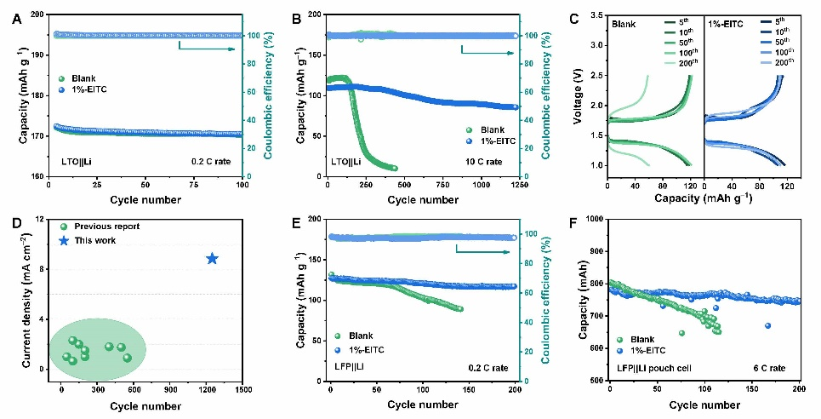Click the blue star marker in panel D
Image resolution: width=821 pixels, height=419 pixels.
212,259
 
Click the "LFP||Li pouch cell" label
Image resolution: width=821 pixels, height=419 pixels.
654,368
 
